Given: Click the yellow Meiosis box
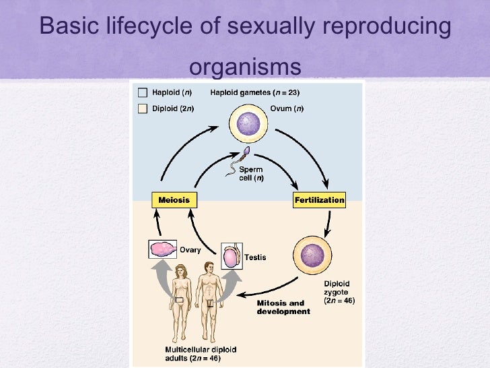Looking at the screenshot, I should click(174, 200).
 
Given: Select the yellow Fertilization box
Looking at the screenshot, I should click(319, 200).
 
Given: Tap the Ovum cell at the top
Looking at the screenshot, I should click(248, 125).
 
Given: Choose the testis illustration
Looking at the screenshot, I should click(231, 255).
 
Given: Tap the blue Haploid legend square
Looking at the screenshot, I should click(143, 93).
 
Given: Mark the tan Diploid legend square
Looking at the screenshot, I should click(143, 109).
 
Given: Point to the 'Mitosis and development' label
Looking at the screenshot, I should click(283, 307).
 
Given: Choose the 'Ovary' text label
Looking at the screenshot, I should click(190, 249).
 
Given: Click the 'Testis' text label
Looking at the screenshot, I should click(255, 257).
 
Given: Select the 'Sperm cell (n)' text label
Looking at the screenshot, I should click(251, 173).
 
